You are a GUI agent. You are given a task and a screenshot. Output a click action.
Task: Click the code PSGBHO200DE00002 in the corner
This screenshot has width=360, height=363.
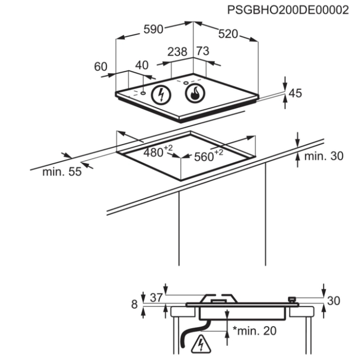(x=288, y=10)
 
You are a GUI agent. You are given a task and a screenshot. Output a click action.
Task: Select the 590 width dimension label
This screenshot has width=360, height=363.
(x=153, y=30)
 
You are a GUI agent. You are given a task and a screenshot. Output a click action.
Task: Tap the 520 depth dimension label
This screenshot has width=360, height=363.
(x=228, y=34)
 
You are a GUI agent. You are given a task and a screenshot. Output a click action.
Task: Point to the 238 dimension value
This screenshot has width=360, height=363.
(x=177, y=52)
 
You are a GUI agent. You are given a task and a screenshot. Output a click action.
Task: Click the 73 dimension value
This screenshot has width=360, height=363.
(x=203, y=51)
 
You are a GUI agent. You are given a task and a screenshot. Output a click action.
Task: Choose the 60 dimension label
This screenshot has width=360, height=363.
(x=101, y=67)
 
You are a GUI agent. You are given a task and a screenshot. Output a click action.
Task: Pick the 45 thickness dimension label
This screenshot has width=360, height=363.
(x=295, y=93)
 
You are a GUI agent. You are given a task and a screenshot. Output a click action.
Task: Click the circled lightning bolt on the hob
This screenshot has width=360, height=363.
(x=161, y=95)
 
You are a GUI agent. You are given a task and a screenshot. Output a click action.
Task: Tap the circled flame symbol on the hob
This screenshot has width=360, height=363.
(x=195, y=93)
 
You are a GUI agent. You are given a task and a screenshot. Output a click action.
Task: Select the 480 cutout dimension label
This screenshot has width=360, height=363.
(x=158, y=152)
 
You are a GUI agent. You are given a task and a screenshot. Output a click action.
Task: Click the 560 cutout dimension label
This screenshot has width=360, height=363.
(x=208, y=155)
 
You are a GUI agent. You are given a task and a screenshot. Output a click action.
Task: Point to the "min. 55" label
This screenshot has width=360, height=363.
(x=62, y=172)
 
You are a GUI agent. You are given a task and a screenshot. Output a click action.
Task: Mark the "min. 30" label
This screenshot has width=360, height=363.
(x=324, y=156)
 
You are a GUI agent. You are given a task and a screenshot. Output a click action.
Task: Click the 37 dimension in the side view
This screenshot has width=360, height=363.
(x=156, y=297)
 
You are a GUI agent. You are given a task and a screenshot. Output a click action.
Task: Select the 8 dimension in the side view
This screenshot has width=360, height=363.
(x=135, y=304)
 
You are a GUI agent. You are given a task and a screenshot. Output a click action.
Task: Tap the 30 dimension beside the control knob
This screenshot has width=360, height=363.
(x=334, y=301)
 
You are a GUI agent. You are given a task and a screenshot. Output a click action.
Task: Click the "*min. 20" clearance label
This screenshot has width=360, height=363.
(x=255, y=331)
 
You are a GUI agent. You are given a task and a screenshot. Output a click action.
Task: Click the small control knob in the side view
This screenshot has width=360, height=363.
(x=292, y=300)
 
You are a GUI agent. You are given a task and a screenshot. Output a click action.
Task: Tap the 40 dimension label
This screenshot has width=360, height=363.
(x=142, y=65)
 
